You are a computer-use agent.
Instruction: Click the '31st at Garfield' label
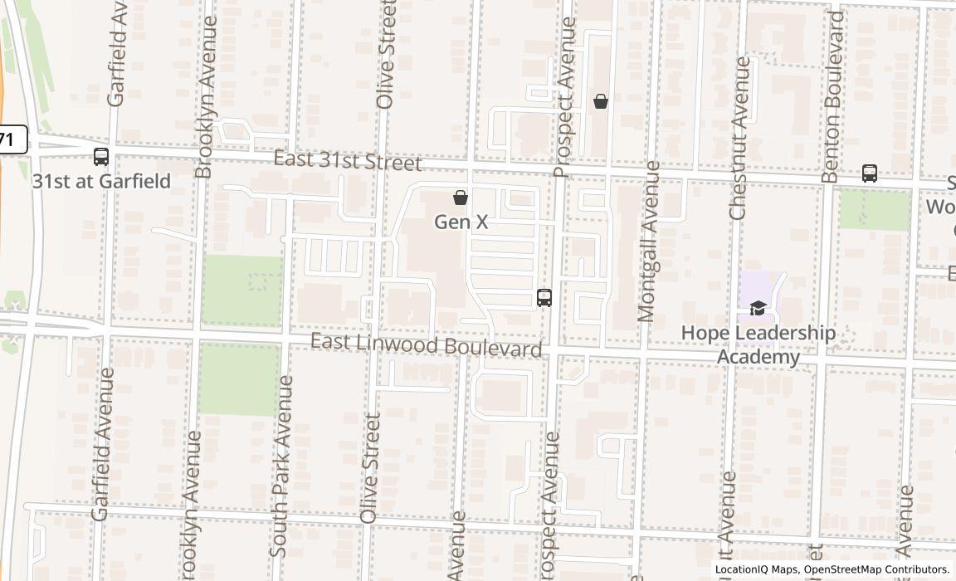tap(101, 181)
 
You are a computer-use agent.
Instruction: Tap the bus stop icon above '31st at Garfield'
tap(101, 156)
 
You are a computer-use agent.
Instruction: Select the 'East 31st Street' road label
tap(348, 161)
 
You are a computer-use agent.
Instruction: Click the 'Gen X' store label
tap(461, 222)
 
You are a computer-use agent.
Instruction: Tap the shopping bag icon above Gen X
tap(461, 198)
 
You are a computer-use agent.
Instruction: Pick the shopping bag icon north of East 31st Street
tap(601, 101)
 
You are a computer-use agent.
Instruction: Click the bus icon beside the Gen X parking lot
tap(544, 297)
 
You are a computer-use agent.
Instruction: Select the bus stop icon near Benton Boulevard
tap(870, 173)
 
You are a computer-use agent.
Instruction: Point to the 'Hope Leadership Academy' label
tap(758, 344)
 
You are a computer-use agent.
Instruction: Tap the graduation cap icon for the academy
tap(758, 309)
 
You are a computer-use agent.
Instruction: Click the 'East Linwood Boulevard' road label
tap(427, 345)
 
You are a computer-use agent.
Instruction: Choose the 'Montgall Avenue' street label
tap(648, 241)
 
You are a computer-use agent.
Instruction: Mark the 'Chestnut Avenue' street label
tap(739, 138)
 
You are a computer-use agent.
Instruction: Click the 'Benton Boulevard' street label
tap(832, 96)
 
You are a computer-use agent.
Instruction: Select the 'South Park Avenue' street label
tap(281, 466)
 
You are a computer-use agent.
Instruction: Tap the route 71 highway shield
tap(8, 139)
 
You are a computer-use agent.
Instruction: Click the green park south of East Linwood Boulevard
tap(240, 378)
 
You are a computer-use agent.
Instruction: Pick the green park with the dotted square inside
tap(241, 290)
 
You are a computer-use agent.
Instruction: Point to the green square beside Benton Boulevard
tap(875, 210)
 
